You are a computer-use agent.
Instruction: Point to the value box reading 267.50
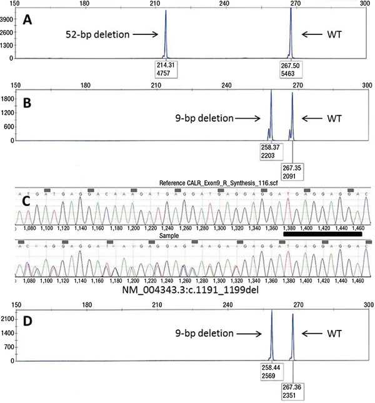(292, 68)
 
